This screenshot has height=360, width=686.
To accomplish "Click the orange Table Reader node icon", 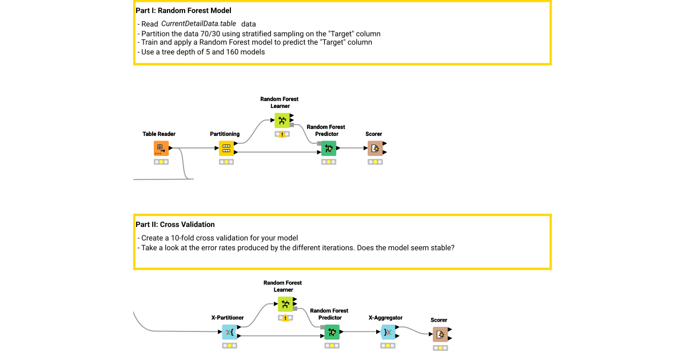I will [x=161, y=149].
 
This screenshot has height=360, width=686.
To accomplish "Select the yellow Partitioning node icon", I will [x=226, y=149].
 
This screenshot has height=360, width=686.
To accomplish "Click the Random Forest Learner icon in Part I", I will [x=282, y=120].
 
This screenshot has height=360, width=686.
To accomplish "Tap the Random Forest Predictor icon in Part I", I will [x=329, y=149].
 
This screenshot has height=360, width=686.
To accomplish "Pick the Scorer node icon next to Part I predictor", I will [x=375, y=149].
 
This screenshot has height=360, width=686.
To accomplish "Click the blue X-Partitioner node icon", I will [x=230, y=333].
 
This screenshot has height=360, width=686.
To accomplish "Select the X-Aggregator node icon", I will [x=388, y=332].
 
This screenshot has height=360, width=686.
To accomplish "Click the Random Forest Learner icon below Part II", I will [x=285, y=304].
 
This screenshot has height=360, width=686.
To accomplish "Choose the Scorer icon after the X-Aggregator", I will [x=440, y=335].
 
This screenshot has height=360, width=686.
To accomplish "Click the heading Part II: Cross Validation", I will [x=175, y=225].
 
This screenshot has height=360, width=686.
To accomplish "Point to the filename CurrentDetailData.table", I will [x=198, y=24].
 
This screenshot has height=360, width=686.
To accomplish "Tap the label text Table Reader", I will [x=159, y=134].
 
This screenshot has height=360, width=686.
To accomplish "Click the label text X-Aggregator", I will [x=385, y=318].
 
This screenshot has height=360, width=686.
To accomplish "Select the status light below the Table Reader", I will [x=161, y=162].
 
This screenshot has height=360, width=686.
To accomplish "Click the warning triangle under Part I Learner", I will [x=282, y=134].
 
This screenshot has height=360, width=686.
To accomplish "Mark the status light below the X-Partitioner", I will [x=230, y=346].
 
